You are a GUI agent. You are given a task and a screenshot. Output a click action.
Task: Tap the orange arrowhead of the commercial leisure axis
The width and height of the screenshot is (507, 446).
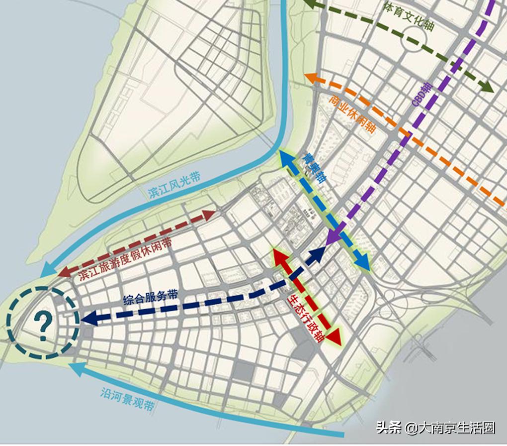tap(311, 78)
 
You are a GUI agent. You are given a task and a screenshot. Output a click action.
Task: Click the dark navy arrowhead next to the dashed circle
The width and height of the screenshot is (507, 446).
tap(88, 318)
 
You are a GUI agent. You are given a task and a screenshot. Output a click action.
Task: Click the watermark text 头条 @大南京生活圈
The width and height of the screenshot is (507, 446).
tap(435, 427)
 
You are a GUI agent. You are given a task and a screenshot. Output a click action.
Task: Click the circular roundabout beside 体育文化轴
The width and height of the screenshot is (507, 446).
tap(416, 39)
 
